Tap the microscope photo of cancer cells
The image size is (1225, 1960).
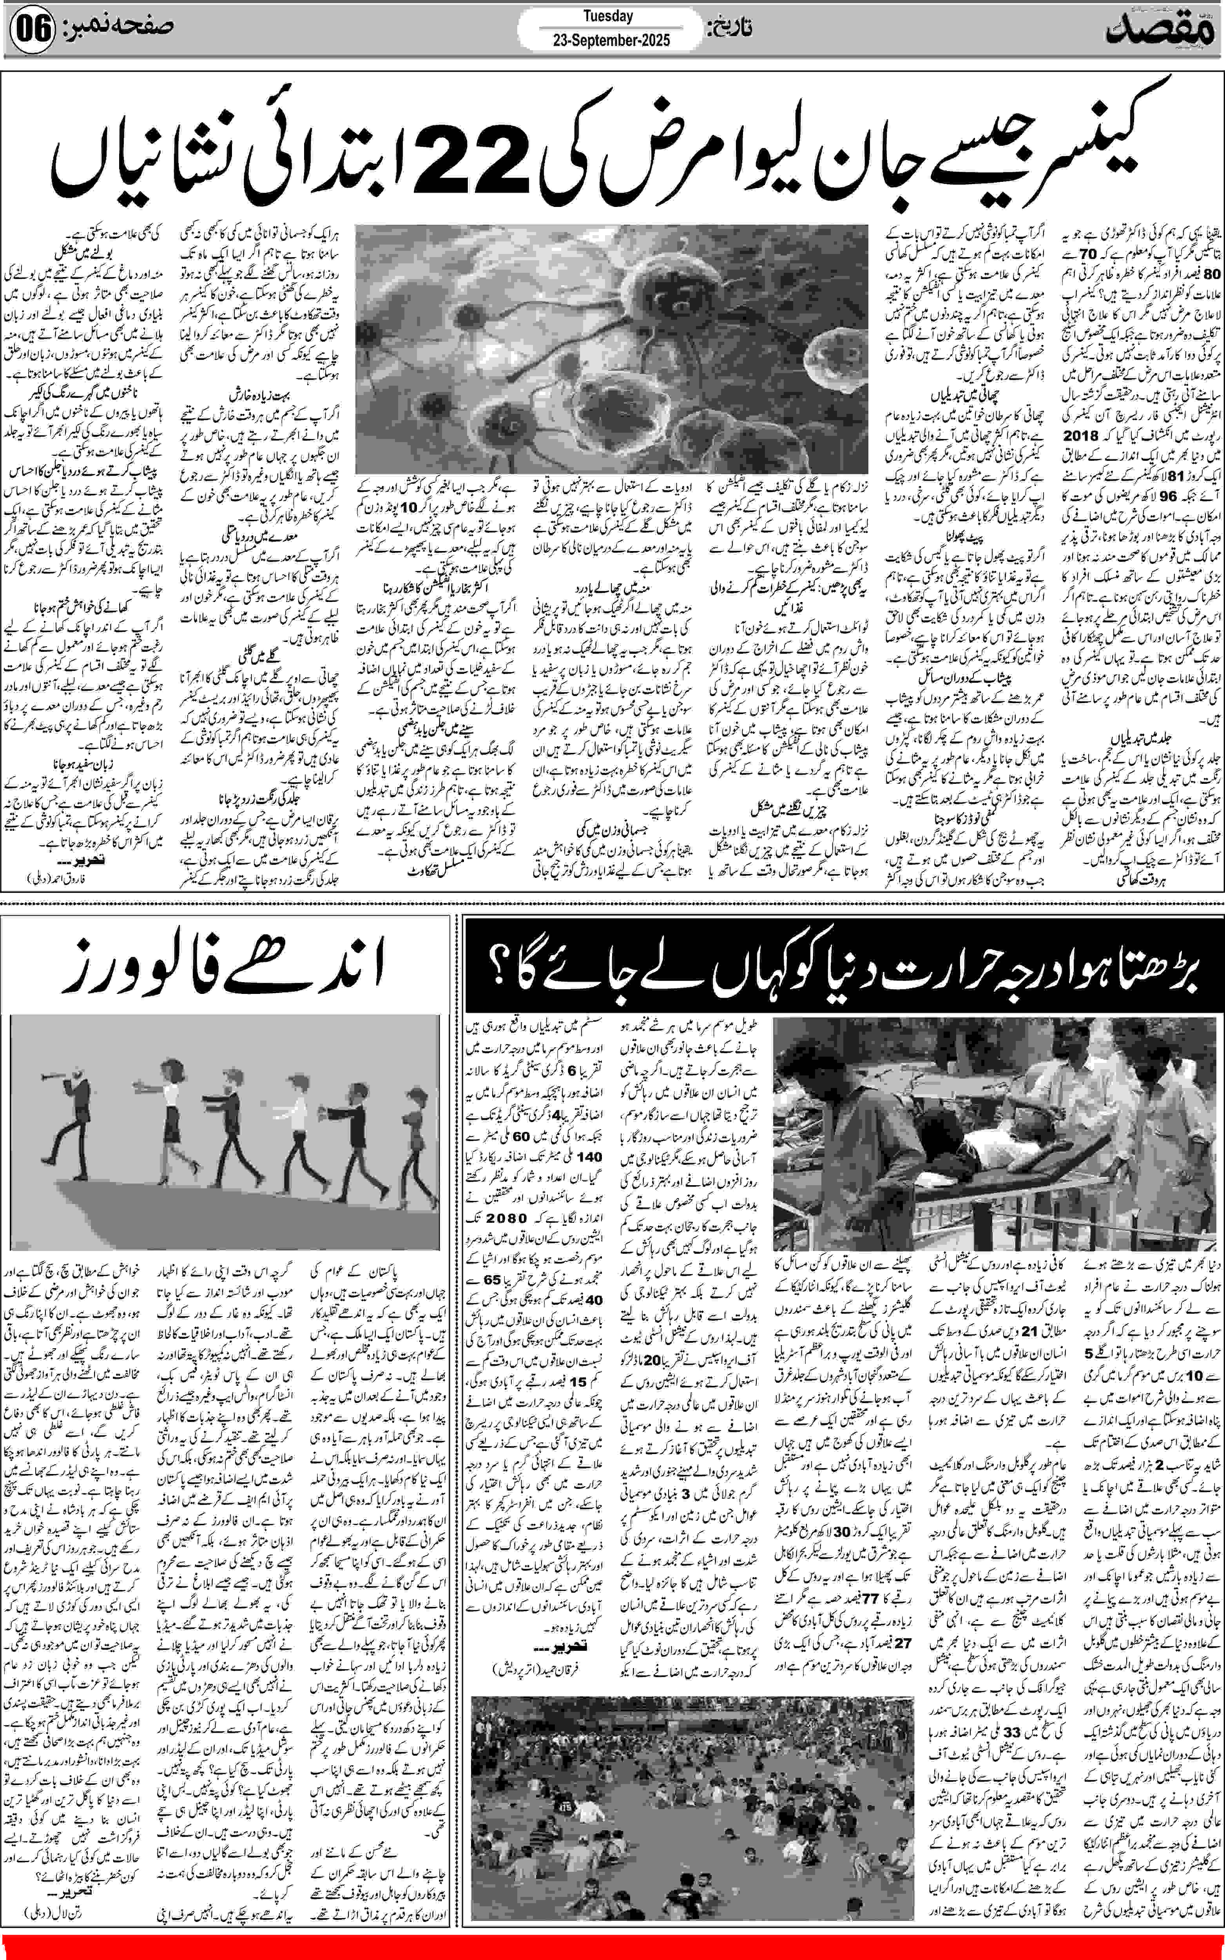(x=612, y=348)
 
